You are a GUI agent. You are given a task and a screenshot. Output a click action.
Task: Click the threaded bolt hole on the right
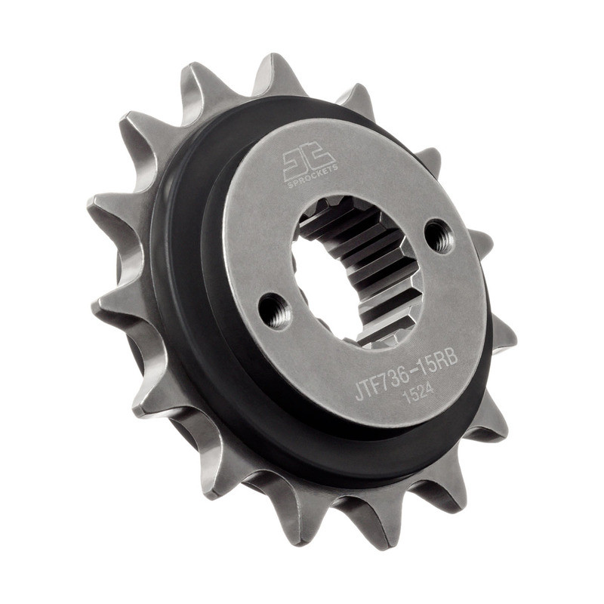438,236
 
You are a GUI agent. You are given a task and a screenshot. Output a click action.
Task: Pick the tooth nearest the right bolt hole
479,242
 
